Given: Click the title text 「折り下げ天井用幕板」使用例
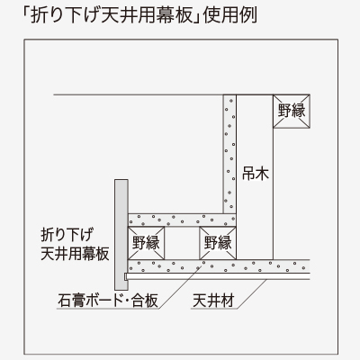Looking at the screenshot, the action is tap(139, 15).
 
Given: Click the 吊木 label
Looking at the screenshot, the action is tap(256, 173).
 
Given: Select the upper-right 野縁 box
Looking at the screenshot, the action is tap(292, 111).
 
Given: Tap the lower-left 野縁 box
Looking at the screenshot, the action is tap(146, 243).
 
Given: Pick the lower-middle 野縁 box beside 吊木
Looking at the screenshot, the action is tap(218, 243).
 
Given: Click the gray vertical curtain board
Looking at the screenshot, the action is tap(121, 235).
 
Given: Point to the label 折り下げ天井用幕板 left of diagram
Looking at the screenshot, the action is tap(75, 244).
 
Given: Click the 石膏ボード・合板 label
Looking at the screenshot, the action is tap(108, 300).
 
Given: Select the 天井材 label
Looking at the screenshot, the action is tap(213, 301).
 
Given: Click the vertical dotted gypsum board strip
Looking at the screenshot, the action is tap(229, 154).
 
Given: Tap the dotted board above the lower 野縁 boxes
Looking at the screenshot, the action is tap(182, 220).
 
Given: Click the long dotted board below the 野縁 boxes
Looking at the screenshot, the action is tap(219, 266).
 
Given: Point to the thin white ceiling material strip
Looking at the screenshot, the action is tap(217, 276).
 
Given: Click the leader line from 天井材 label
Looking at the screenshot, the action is tap(251, 293).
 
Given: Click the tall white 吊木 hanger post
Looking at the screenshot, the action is tap(255, 177).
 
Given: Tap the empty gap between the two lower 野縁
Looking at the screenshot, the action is tap(182, 243).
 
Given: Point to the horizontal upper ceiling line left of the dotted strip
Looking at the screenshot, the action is tap(139, 94).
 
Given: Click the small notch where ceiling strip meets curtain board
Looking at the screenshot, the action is tap(126, 276).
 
